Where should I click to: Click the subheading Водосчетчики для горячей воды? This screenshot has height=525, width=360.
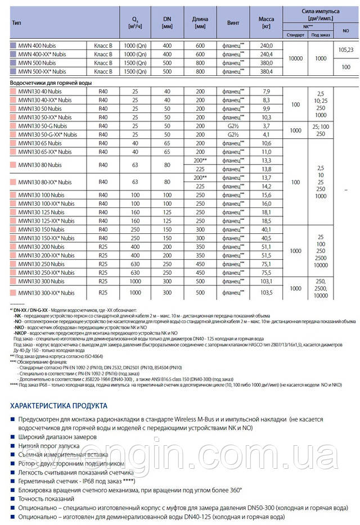pyautogui.click(x=48, y=82)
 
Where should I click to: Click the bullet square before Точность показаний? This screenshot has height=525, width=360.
pyautogui.click(x=12, y=497)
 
